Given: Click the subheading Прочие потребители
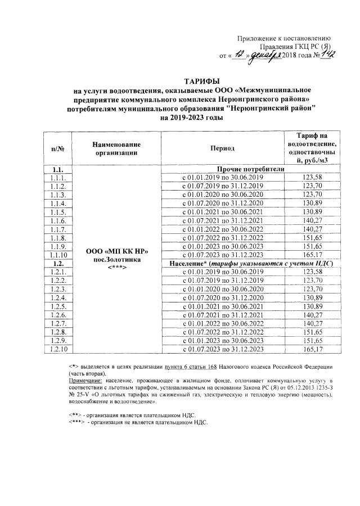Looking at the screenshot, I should (x=248, y=169).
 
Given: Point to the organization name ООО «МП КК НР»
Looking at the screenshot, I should (x=116, y=250).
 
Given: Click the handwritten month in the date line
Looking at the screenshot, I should (x=263, y=55).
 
